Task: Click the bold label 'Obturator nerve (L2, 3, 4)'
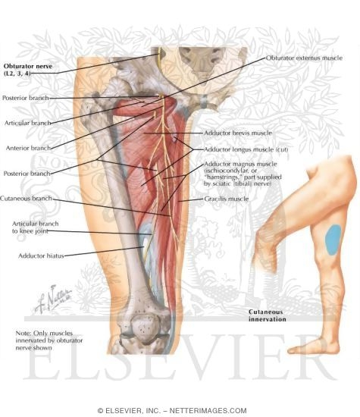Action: (28, 70)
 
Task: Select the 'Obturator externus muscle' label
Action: (304, 58)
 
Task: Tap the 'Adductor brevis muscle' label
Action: (238, 133)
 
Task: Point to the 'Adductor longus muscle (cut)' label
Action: (246, 149)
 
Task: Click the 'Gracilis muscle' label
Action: (227, 199)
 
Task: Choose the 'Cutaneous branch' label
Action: (26, 198)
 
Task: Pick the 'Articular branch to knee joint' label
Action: (35, 227)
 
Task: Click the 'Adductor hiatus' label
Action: (41, 256)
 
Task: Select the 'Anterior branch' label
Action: (28, 148)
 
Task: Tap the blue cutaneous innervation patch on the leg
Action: (333, 240)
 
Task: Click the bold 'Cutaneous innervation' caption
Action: (268, 315)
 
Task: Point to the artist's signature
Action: (53, 299)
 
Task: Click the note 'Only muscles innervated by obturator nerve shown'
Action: (49, 340)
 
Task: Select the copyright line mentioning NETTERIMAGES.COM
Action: (172, 411)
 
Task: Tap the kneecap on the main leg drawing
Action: (145, 328)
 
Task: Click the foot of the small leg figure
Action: (314, 346)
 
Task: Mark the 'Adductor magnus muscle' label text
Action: (240, 164)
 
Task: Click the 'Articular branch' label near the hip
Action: (27, 123)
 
